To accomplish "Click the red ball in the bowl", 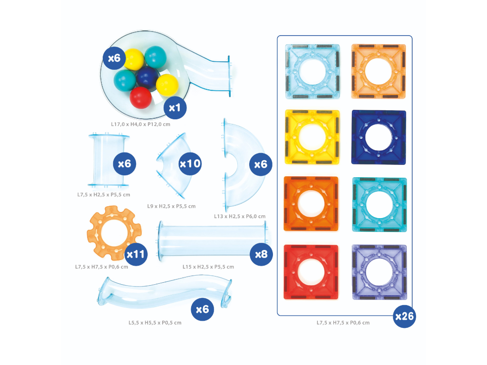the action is [141, 97].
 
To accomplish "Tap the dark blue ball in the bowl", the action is [147, 77].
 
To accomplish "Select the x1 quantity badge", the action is [175, 108].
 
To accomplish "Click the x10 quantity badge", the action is [190, 164].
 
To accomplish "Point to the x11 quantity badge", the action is [136, 254].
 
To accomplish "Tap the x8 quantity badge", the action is [261, 254].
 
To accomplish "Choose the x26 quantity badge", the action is [405, 316].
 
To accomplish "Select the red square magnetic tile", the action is [311, 272].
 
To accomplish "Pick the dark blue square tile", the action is [379, 137].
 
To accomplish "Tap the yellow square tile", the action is [312, 137].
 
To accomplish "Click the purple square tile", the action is [379, 272].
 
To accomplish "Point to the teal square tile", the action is [379, 204].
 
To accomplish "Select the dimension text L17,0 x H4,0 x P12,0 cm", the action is [140, 124].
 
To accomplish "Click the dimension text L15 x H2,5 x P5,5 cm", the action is [208, 267].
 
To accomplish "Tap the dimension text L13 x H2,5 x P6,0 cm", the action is [240, 216].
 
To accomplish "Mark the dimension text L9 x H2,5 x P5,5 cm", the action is [171, 206].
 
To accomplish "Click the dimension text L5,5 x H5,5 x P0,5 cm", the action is [155, 323].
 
